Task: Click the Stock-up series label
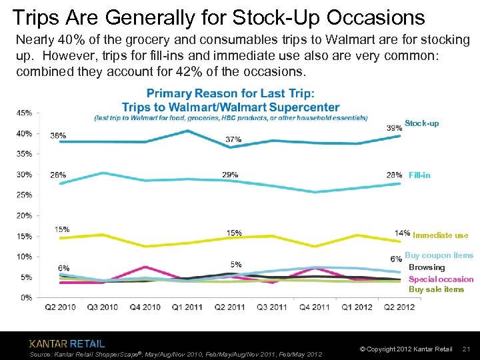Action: coord(421,124)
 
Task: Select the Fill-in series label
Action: coord(419,175)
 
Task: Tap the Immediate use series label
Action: coord(440,235)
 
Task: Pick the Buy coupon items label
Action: coord(439,255)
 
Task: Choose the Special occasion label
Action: coord(441,279)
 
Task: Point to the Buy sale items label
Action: coord(436,289)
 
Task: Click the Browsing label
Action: coord(427,267)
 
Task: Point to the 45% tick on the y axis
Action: coord(24,113)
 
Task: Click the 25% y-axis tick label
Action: coord(24,195)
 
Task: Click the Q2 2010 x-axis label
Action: coord(60,307)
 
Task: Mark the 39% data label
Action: coord(394,127)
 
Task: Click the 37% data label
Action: coord(233,139)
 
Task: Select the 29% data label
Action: coord(230,175)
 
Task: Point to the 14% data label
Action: coord(402,233)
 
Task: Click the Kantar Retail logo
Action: coord(67,344)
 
